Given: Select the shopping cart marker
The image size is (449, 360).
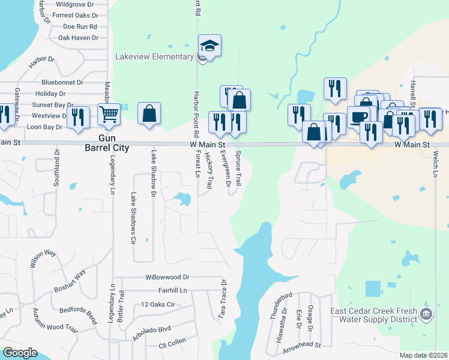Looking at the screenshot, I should point(110,113).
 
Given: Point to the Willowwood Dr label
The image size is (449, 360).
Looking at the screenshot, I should point(167,277).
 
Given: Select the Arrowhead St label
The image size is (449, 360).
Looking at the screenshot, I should point(302,346).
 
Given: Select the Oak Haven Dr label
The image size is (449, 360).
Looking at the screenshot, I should point(78,37).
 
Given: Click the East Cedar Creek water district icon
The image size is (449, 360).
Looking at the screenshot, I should point(426,314).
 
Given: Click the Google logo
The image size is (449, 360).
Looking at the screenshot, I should point(20,353).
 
